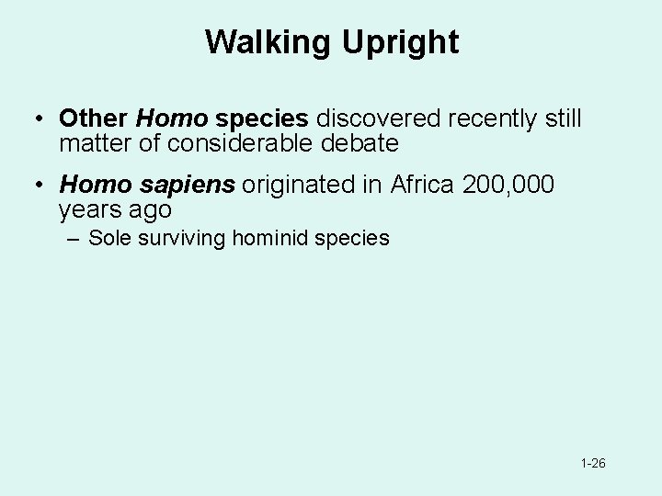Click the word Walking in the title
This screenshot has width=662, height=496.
click(271, 42)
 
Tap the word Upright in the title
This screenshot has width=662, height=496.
click(403, 42)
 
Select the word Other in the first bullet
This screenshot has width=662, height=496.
click(93, 118)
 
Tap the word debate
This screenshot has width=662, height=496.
click(360, 143)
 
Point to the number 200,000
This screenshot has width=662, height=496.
click(508, 185)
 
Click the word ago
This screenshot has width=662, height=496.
click(151, 209)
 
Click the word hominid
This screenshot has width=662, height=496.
click(271, 239)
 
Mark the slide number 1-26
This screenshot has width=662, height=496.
click(593, 464)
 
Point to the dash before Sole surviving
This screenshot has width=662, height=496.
click(73, 239)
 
